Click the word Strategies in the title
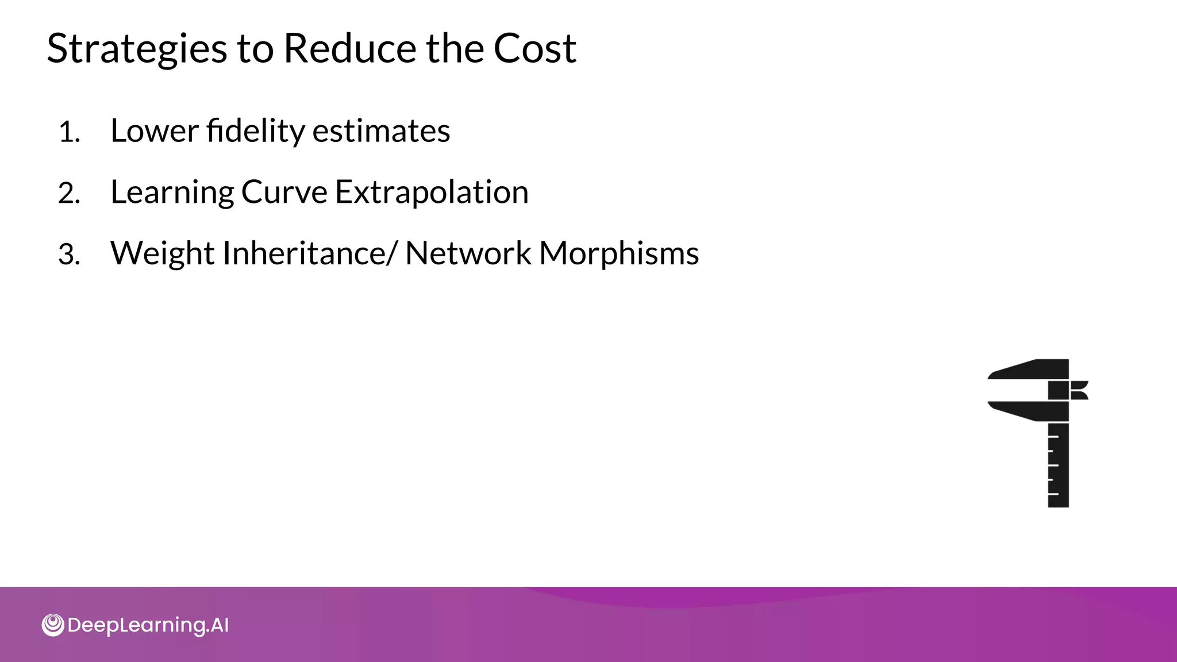[x=137, y=49]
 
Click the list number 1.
[x=68, y=133]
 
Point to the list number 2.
[x=68, y=194]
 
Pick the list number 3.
[x=68, y=255]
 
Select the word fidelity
[x=255, y=130]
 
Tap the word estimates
[x=381, y=131]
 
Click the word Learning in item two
[x=172, y=193]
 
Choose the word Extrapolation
[x=432, y=192]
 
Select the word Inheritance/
[x=309, y=253]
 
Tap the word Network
[x=468, y=253]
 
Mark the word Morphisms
[x=619, y=253]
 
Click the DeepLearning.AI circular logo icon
[x=53, y=625]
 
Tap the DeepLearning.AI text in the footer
[x=148, y=625]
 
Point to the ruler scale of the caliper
[x=1058, y=465]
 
